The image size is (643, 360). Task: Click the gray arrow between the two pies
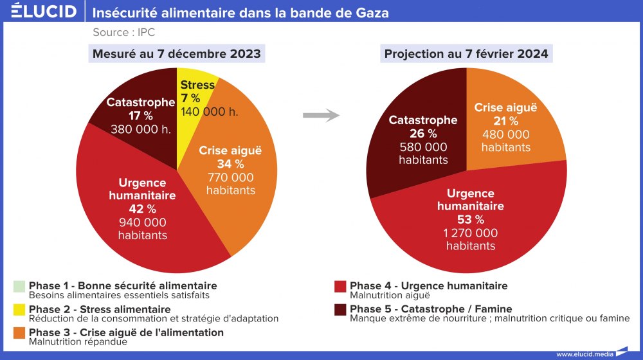coord(320,116)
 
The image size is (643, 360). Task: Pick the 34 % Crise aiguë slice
coord(238,174)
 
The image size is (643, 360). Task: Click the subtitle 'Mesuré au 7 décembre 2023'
coord(177,53)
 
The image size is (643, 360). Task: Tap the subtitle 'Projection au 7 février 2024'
coord(466,53)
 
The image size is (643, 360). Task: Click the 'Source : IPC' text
coord(123,32)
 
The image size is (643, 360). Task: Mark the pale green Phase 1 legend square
coord(19,286)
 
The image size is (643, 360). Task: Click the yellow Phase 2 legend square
coord(19,310)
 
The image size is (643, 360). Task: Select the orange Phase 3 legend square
coord(19,333)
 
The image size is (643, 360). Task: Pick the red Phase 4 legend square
coord(341,286)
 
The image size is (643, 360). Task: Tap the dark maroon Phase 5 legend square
coord(341,310)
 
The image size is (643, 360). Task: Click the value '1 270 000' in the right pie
coord(471,233)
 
